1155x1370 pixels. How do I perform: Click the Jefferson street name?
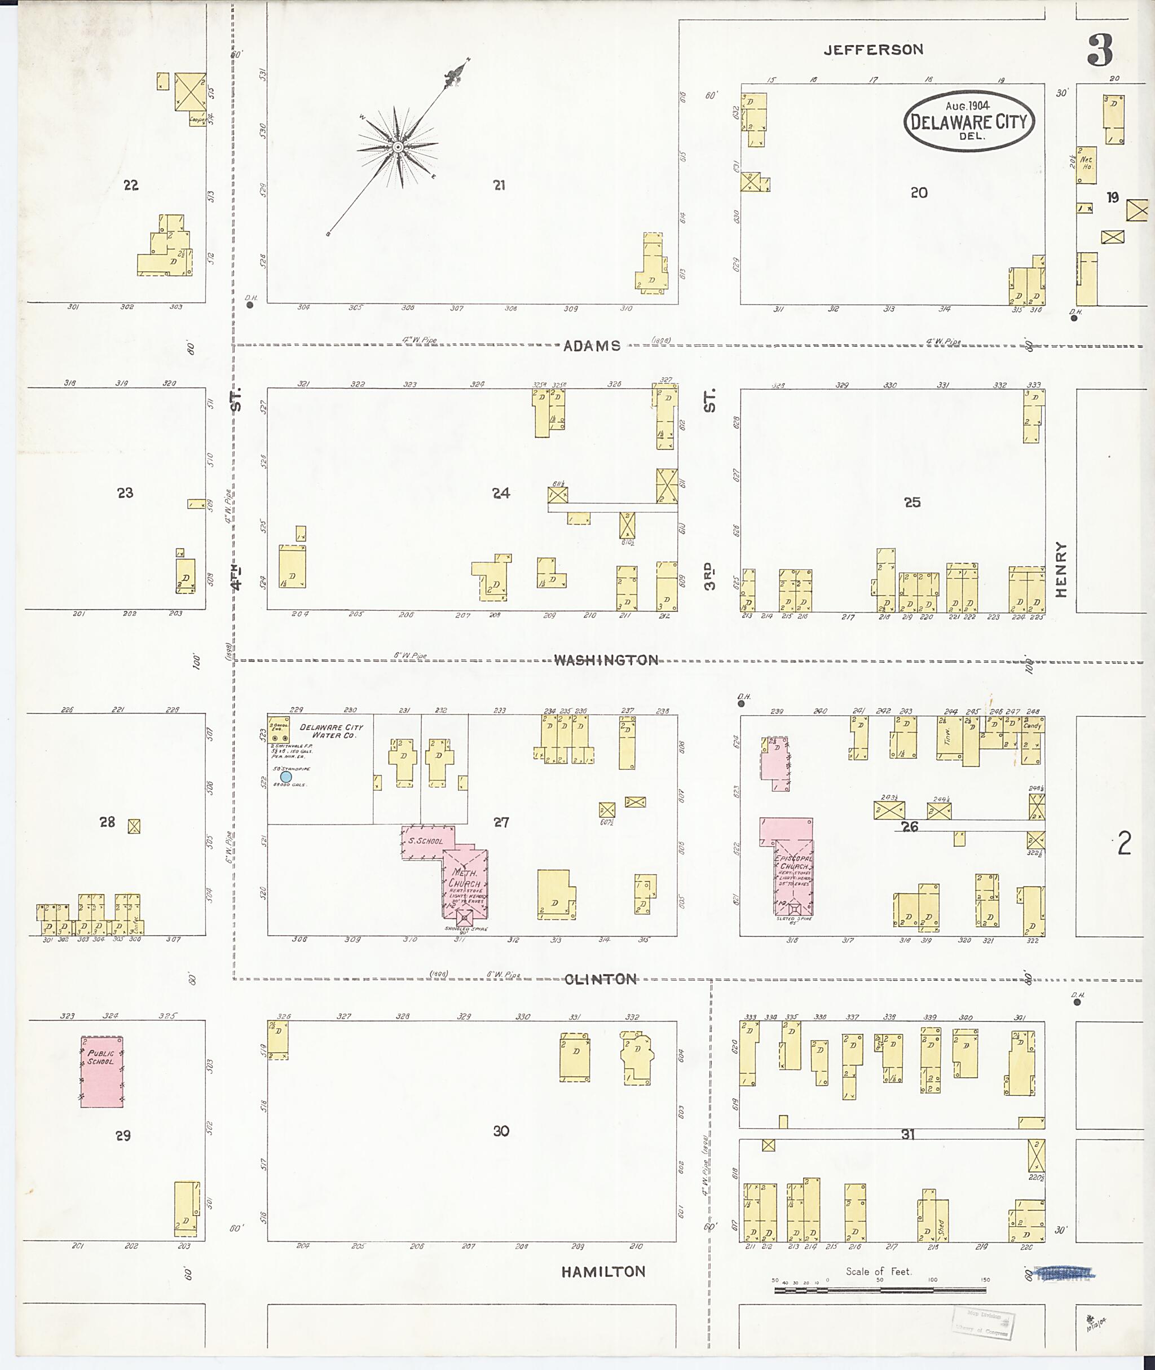[x=873, y=50]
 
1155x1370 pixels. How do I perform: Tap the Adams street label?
[x=592, y=346]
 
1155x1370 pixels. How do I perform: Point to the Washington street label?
[x=606, y=660]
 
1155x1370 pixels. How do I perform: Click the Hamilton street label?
[x=603, y=1272]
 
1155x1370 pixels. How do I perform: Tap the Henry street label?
[x=1061, y=569]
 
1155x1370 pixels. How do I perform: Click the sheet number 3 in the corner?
[x=1100, y=51]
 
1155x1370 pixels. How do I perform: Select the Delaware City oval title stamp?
[x=968, y=121]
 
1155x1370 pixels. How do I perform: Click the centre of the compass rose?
[x=398, y=147]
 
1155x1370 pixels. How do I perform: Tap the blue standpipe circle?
[x=286, y=777]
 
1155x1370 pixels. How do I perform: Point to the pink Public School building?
[x=102, y=1072]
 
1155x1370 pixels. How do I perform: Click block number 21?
[x=499, y=186]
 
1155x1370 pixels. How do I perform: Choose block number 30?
[x=501, y=1131]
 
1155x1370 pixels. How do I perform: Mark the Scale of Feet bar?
[x=880, y=1290]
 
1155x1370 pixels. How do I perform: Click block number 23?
[x=125, y=492]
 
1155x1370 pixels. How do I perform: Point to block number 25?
[x=912, y=503]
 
